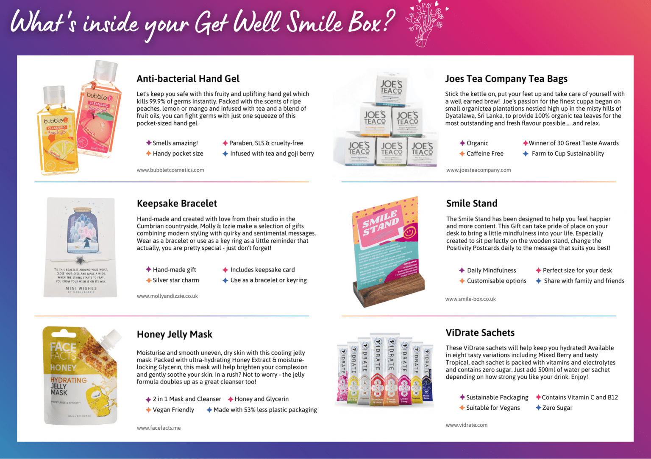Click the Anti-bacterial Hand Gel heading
click(x=188, y=79)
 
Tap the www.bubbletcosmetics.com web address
click(x=170, y=170)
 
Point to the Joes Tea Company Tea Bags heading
click(x=506, y=79)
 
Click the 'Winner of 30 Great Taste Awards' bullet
click(x=573, y=143)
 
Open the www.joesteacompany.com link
click(x=479, y=170)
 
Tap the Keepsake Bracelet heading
click(x=177, y=204)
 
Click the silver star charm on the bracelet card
click(x=79, y=260)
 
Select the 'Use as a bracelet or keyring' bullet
click(x=268, y=280)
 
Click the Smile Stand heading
click(x=472, y=204)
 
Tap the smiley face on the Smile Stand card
click(x=409, y=232)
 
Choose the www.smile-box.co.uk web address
click(x=470, y=299)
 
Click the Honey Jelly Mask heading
click(x=174, y=335)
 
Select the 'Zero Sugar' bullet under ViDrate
click(x=557, y=408)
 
